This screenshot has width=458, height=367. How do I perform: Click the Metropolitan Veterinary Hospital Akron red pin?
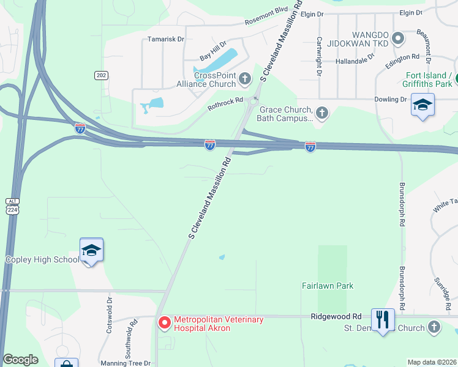click(164, 322)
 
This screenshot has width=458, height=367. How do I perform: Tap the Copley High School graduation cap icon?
click(91, 250)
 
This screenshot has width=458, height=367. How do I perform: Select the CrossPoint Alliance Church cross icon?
click(245, 78)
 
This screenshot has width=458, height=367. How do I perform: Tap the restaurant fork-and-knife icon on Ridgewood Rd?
click(383, 319)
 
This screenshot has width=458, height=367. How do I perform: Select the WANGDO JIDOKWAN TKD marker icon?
click(398, 39)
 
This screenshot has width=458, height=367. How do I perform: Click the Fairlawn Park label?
click(328, 286)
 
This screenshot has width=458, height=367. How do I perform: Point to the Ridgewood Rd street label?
click(336, 316)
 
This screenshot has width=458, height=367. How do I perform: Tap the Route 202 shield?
click(101, 75)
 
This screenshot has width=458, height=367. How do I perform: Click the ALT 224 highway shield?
click(13, 206)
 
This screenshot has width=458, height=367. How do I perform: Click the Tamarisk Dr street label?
click(165, 39)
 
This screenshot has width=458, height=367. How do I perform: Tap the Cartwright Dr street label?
click(319, 54)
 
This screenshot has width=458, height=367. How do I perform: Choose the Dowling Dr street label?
click(395, 99)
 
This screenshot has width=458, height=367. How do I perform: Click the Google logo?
click(20, 360)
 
